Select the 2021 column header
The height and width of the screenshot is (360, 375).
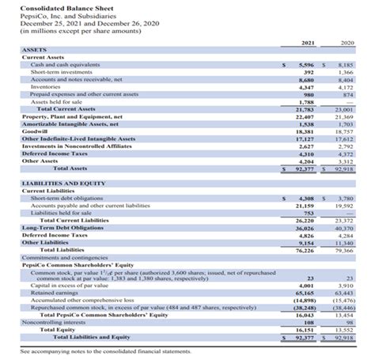pyautogui.click(x=310, y=41)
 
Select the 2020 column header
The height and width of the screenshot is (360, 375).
pyautogui.click(x=347, y=41)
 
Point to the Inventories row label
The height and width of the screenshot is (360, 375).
pyautogui.click(x=48, y=86)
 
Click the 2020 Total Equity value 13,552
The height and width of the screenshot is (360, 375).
pyautogui.click(x=346, y=329)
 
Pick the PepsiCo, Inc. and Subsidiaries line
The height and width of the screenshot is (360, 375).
pyautogui.click(x=62, y=15)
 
